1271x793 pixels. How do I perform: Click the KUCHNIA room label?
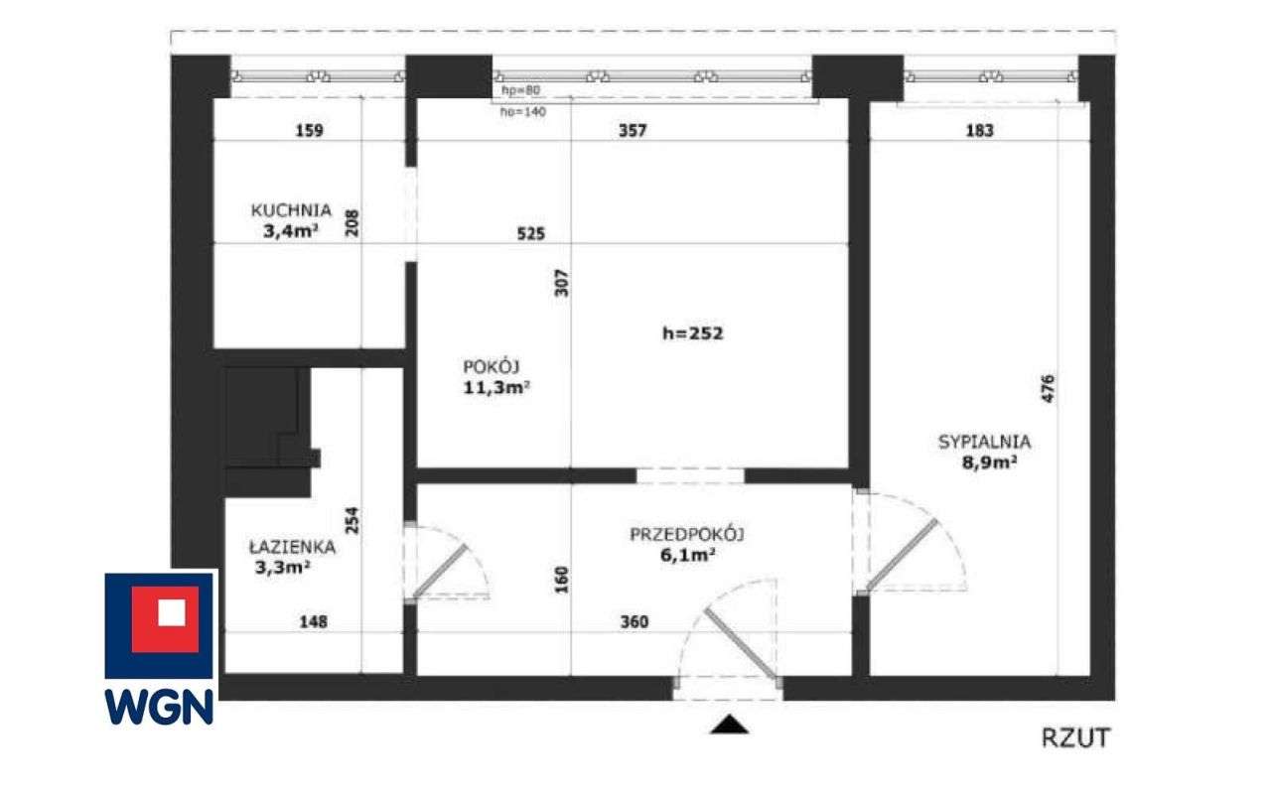coord(290,210)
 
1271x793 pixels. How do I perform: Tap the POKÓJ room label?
coord(492,364)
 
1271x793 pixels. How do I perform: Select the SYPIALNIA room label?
coord(984,443)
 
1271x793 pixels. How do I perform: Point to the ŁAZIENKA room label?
coord(292,547)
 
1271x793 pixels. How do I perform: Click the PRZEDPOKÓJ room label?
coord(687,535)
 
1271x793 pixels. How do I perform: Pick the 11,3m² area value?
coord(495,387)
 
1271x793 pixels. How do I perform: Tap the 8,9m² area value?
coord(983,463)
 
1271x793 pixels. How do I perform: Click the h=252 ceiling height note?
coord(692,333)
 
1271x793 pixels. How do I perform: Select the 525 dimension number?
coord(530,234)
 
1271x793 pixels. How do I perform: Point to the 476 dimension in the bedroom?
coord(1049,388)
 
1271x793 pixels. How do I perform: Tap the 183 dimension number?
coord(978,130)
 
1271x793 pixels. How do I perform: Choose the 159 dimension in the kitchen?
coord(309,130)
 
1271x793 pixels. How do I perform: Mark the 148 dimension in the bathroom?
coord(313,622)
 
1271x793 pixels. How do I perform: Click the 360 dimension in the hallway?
coord(633,622)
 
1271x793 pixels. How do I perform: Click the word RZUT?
coord(1075,737)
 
